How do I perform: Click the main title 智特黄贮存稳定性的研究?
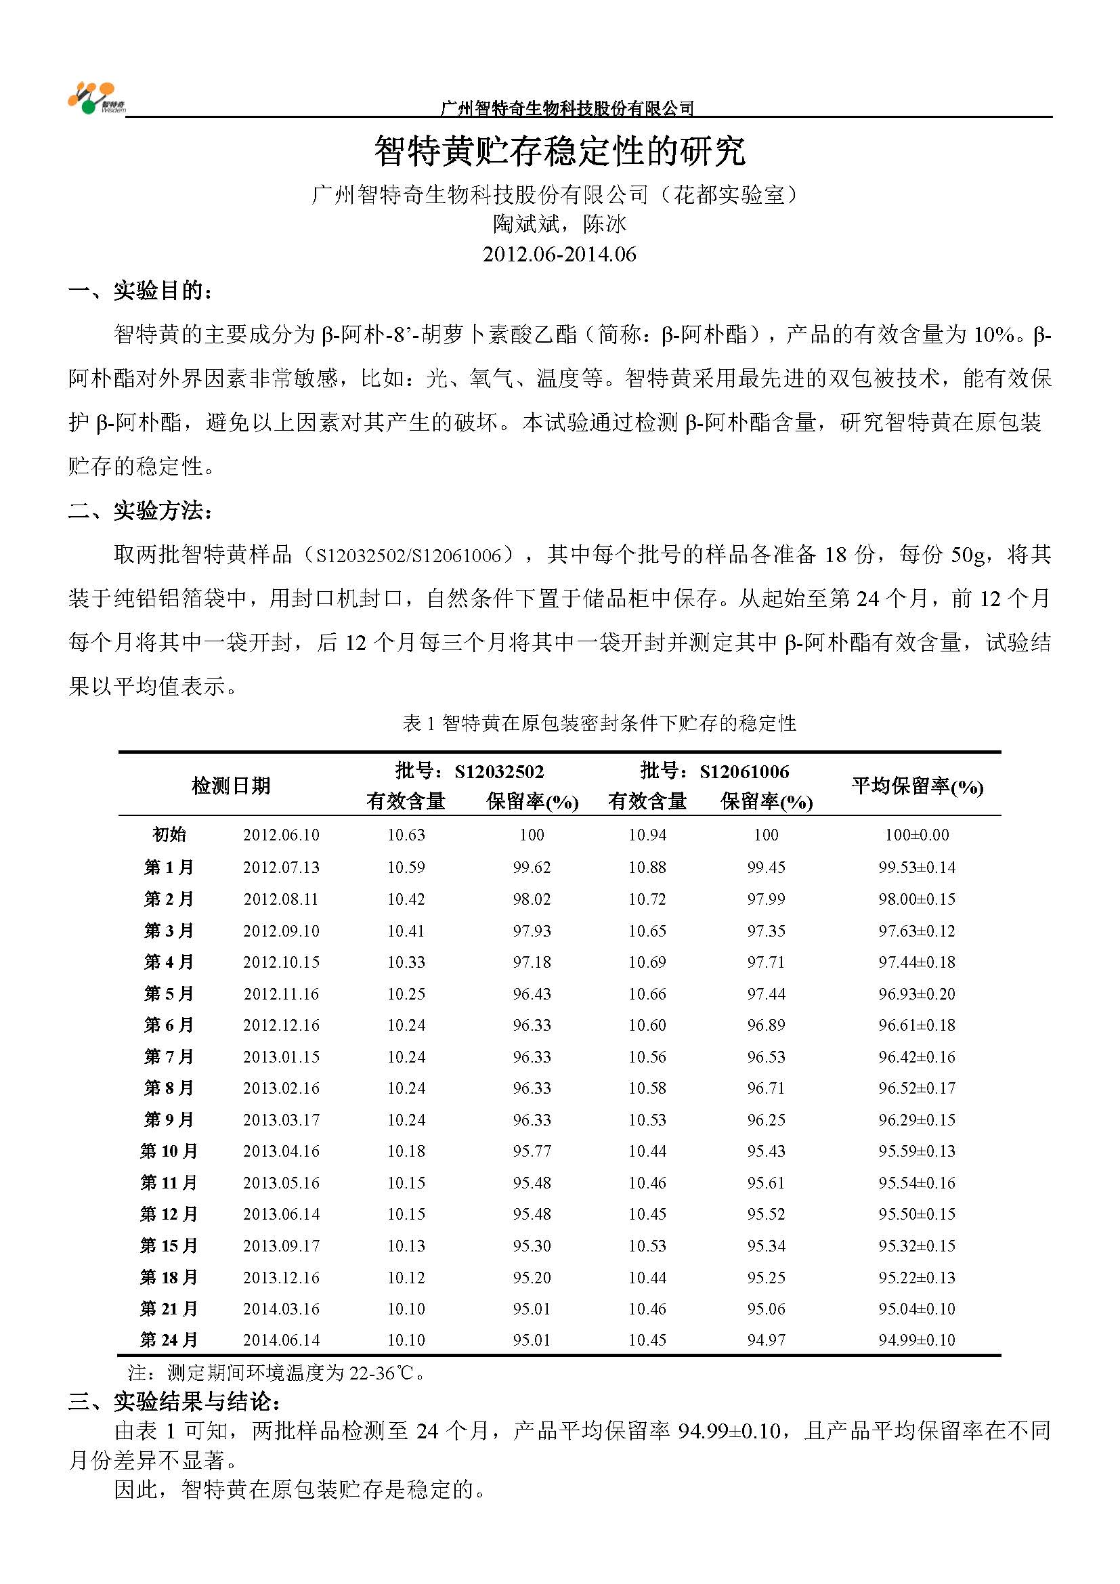coord(559,151)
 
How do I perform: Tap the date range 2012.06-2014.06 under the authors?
coord(559,254)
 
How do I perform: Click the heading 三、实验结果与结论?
coord(175,1401)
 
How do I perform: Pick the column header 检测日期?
coord(231,786)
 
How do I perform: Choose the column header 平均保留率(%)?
coord(917,786)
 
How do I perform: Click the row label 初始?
coord(169,835)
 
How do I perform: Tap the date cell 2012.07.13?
coord(282,868)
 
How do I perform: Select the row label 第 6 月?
coord(169,1025)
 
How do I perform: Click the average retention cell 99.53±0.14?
coord(917,868)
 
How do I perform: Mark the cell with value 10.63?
coord(406,835)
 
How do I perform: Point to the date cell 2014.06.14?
coord(282,1340)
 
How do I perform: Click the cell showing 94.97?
coord(767,1340)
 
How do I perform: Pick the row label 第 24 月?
coord(169,1340)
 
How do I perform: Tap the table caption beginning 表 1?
coord(599,723)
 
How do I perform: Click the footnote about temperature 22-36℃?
coord(276,1373)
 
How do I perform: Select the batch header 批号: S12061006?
coord(714,771)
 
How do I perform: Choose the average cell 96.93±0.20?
coord(917,994)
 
